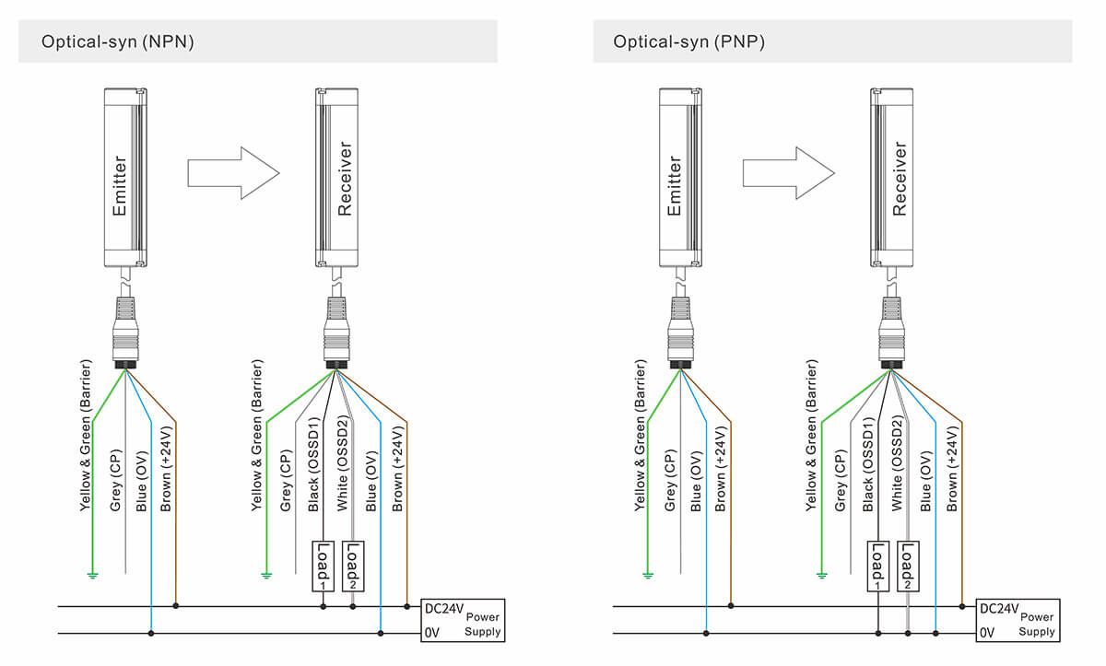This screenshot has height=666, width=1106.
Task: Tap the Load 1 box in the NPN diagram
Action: [x=323, y=565]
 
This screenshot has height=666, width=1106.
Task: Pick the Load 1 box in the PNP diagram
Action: [x=877, y=565]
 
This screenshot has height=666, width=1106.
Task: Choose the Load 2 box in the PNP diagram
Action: [x=908, y=565]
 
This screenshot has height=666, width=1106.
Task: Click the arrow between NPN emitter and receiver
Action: [x=232, y=172]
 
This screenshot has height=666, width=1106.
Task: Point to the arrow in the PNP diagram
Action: [x=788, y=172]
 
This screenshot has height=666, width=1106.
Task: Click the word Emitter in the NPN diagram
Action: [x=119, y=185]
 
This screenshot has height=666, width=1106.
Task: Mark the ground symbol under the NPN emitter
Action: [x=92, y=576]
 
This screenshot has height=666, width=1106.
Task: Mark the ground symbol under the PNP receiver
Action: [x=820, y=576]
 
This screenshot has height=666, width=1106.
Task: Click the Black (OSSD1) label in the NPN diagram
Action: [x=313, y=463]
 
